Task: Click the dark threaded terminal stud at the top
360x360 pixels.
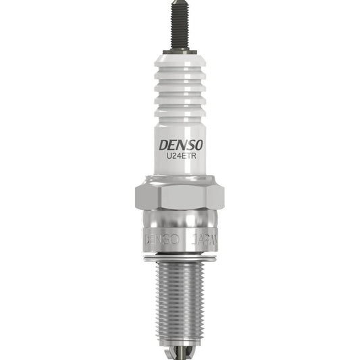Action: pos(180,26)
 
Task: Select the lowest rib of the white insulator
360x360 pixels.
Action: pos(180,111)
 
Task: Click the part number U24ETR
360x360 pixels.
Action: pos(180,159)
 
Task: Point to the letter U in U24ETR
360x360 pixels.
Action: pos(169,159)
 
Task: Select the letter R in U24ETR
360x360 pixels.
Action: pos(191,159)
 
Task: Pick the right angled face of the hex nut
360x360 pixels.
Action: pos(215,195)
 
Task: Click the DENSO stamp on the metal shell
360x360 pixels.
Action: pos(161,239)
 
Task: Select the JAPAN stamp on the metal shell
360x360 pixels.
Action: pos(203,239)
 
